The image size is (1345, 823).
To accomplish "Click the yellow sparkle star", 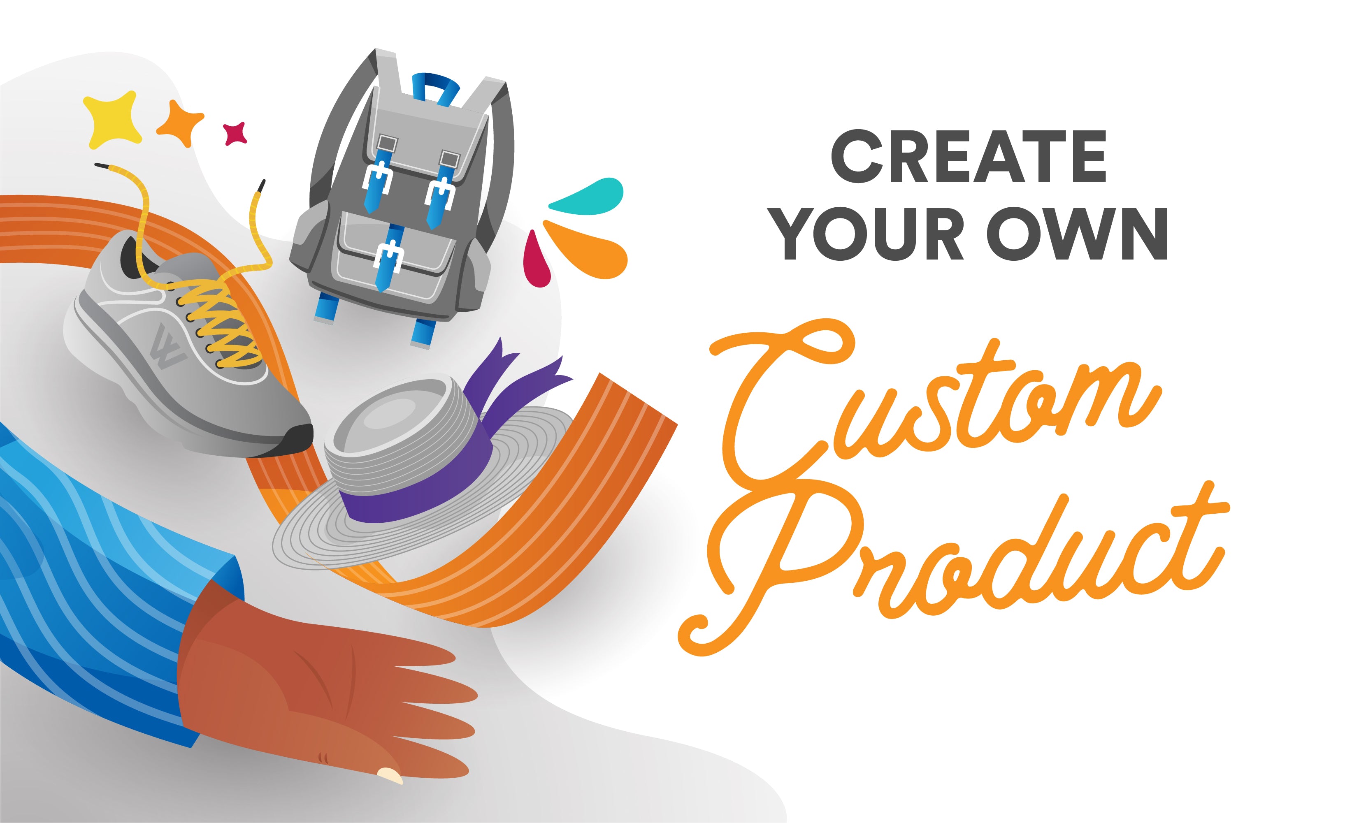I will [112, 119].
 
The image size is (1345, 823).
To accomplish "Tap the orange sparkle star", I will [180, 123].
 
